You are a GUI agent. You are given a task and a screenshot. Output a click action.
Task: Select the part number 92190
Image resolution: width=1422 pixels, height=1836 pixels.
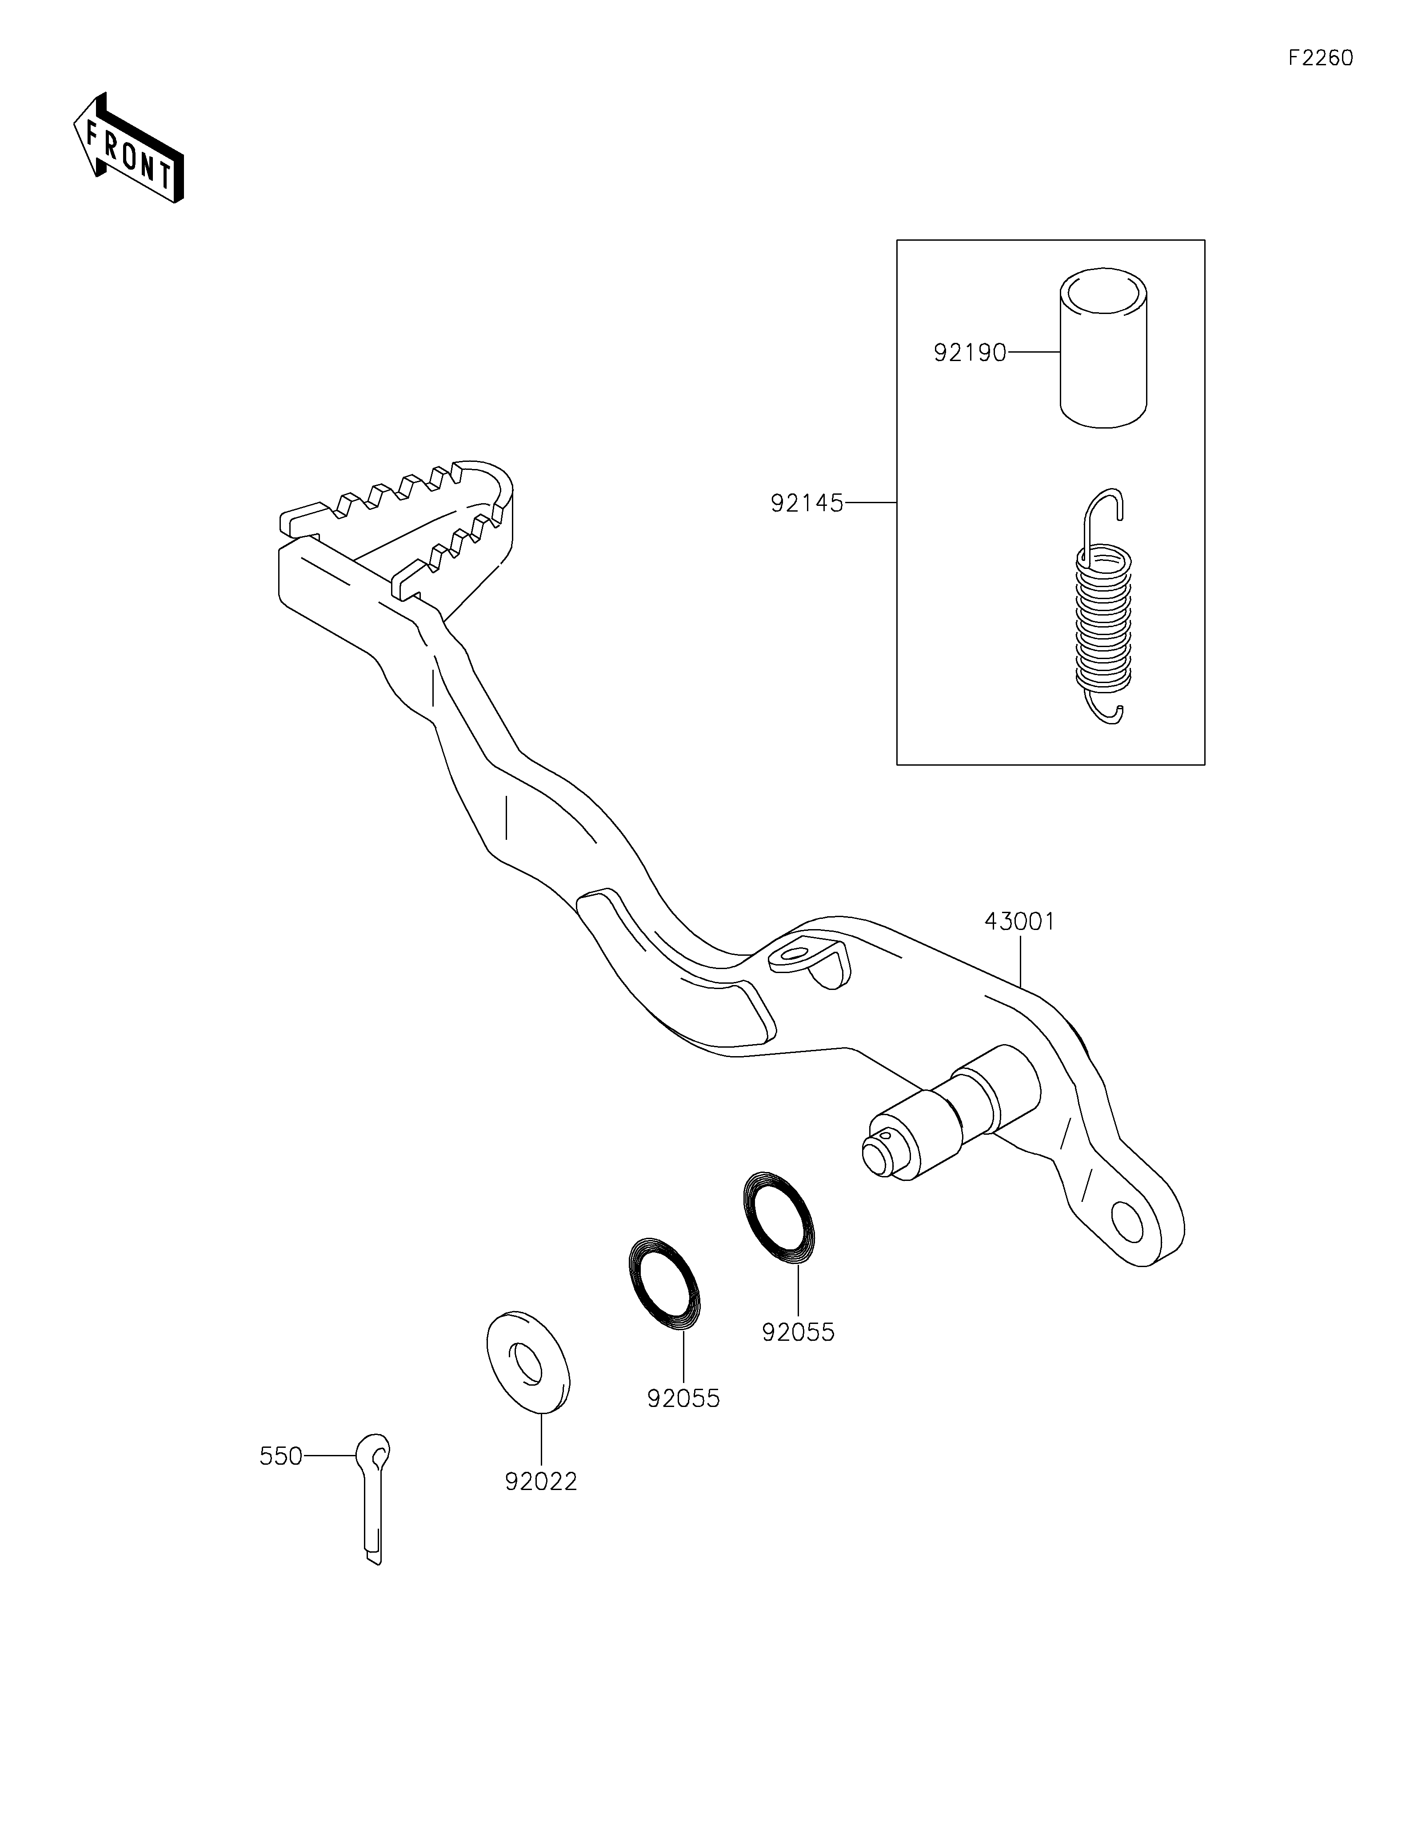click(x=970, y=353)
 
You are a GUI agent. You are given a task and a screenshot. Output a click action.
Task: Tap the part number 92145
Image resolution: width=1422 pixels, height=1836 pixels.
click(x=807, y=504)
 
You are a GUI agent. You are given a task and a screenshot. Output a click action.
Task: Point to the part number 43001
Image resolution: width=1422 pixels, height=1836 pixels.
click(x=1019, y=922)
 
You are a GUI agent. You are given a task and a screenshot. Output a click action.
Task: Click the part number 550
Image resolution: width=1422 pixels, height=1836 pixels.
click(x=281, y=1456)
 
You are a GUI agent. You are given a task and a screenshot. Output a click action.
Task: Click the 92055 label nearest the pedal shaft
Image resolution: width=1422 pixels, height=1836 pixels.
click(x=798, y=1332)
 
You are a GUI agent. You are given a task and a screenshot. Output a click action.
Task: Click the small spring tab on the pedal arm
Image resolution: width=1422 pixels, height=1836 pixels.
click(x=807, y=961)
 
